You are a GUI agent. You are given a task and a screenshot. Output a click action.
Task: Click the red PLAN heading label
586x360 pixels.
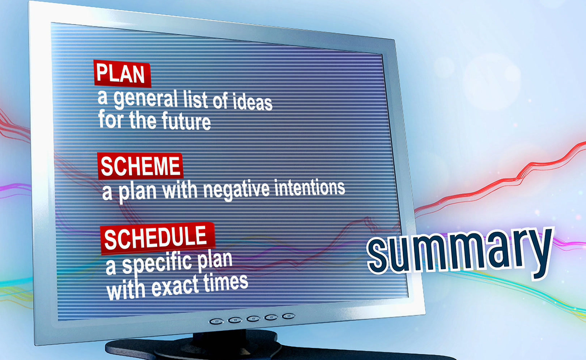pos(122,74)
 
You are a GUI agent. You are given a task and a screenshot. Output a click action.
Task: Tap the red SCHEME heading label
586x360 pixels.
pos(140,166)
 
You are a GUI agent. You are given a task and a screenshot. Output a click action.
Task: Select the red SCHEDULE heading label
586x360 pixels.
pos(158,238)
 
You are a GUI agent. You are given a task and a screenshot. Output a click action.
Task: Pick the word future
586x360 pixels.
pos(186,121)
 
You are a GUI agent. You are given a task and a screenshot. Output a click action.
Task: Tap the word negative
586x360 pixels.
pos(236,190)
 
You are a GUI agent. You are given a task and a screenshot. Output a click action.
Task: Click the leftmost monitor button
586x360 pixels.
pos(216,321)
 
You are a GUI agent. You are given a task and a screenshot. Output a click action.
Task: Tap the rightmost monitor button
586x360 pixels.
pos(288,316)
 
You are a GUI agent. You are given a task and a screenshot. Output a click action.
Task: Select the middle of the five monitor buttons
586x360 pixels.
pos(253,318)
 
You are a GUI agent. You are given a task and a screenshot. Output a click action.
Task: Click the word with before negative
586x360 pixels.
pos(180,190)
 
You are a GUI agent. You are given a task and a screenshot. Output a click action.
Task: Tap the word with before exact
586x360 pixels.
pos(126,291)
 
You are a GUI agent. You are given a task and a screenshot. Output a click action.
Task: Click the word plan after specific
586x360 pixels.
pos(215,260)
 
